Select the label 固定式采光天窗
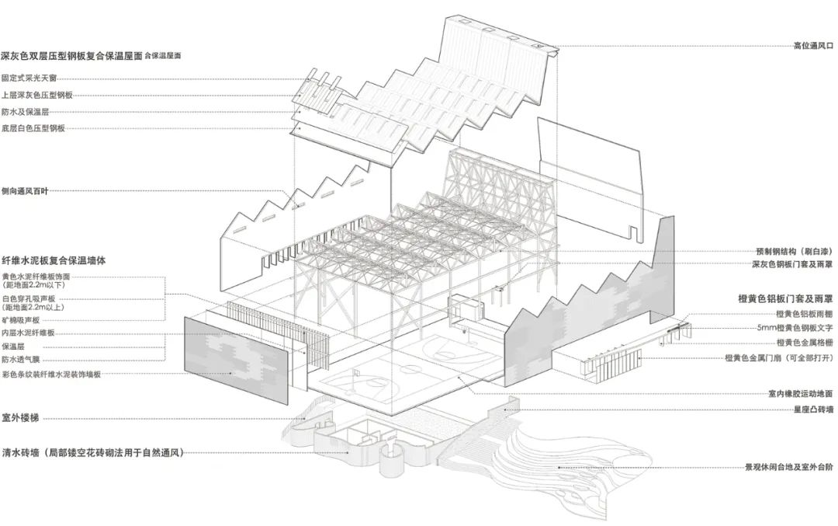coord(29,78)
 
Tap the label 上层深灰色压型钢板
coord(36,95)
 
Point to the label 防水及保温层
coord(26,111)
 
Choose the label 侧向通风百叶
coord(26,190)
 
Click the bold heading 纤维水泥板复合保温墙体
coord(64,261)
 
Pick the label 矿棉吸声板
coord(22,319)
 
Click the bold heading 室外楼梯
coord(21,418)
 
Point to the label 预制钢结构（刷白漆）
coord(794,252)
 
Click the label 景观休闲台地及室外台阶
coord(788,468)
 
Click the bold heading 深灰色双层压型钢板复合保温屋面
coord(71,56)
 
